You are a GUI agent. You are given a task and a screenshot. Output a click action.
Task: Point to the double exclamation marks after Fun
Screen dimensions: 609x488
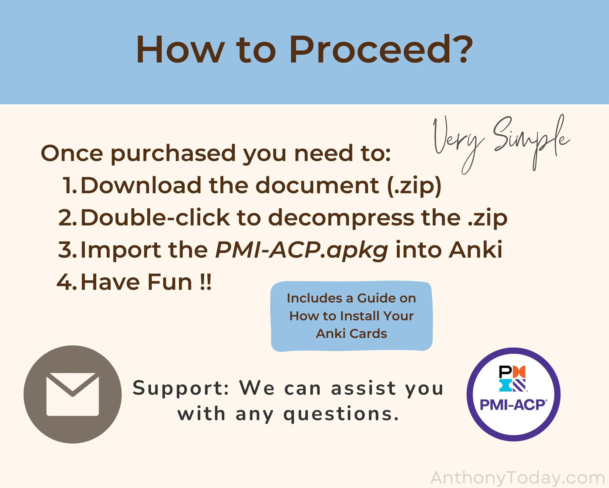coord(205,282)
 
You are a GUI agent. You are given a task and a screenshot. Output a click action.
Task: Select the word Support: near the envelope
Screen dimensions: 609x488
coord(181,389)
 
